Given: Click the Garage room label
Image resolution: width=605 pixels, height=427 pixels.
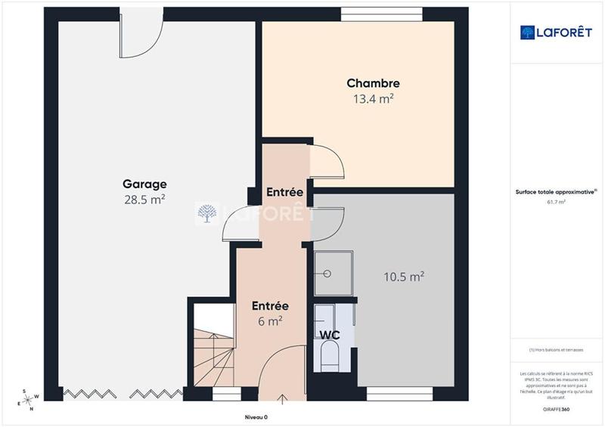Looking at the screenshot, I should pyautogui.click(x=144, y=184).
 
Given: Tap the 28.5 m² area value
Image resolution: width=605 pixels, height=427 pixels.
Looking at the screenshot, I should pyautogui.click(x=144, y=200).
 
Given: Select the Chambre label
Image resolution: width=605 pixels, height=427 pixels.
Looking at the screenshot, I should pyautogui.click(x=373, y=83).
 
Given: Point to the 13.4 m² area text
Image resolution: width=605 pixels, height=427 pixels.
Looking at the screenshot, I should pyautogui.click(x=373, y=98).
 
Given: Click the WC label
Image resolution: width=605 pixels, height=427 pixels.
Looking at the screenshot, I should pyautogui.click(x=328, y=334).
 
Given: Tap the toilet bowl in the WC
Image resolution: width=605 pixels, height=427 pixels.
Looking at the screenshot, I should pyautogui.click(x=329, y=356).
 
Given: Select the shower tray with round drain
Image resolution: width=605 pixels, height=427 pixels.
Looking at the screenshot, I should pyautogui.click(x=330, y=271).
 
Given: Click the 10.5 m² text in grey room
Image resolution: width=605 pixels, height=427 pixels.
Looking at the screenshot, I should pyautogui.click(x=403, y=277).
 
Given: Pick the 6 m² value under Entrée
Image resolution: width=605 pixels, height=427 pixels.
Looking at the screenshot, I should pyautogui.click(x=270, y=320).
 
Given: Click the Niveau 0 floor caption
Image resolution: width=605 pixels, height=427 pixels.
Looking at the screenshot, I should pyautogui.click(x=256, y=417).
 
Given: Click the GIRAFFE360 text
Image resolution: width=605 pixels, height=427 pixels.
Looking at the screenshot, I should pyautogui.click(x=557, y=409).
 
